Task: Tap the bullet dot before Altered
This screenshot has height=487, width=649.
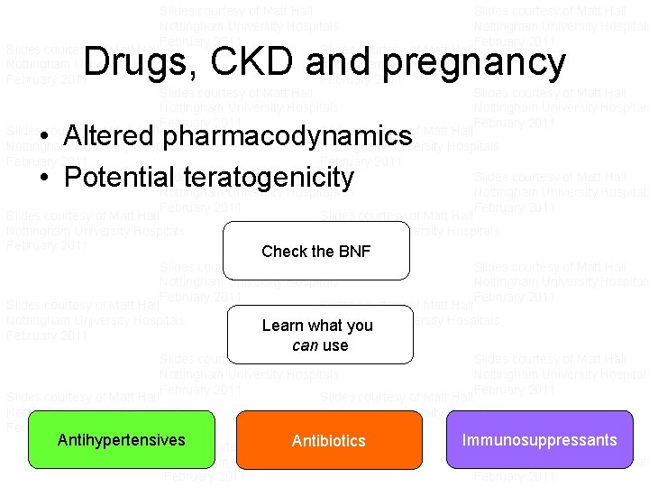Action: point(44,139)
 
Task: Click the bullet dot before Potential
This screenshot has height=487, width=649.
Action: point(44,179)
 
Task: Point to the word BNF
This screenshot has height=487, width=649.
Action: point(352,252)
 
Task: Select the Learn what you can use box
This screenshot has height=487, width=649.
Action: point(317,335)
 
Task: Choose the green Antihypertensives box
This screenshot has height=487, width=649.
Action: point(121,441)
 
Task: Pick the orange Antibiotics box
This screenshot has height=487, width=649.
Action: point(329,441)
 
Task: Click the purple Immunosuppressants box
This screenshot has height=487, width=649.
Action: point(539,441)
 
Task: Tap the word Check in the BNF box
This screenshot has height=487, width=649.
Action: point(282,252)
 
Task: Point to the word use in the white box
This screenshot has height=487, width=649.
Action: point(334,345)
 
